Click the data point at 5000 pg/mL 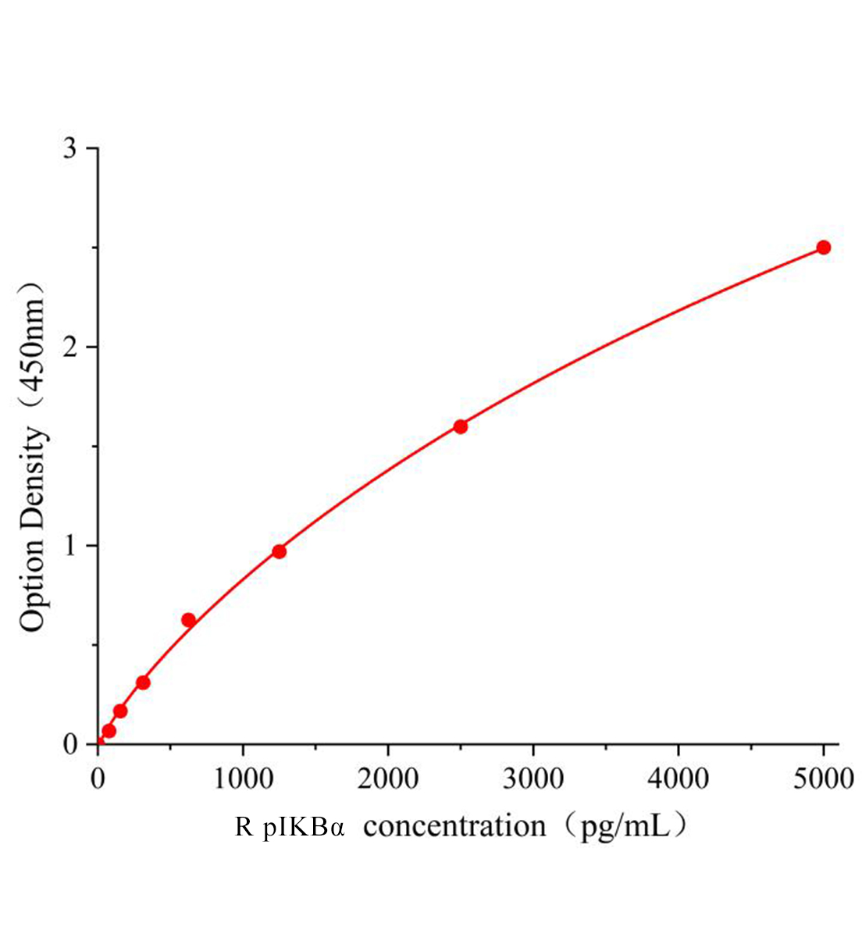(823, 248)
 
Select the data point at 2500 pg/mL (460, 426)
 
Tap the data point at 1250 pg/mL (279, 551)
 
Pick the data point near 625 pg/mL (188, 620)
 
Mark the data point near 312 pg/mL (143, 682)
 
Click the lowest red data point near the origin (109, 731)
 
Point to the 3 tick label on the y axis (70, 148)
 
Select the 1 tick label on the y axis (70, 546)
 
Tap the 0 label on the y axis (70, 744)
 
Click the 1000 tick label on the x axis (243, 778)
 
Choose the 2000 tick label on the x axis (388, 778)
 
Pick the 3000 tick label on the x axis (533, 778)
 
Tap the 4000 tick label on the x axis (679, 778)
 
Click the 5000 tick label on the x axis (823, 778)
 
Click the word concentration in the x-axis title (454, 826)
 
